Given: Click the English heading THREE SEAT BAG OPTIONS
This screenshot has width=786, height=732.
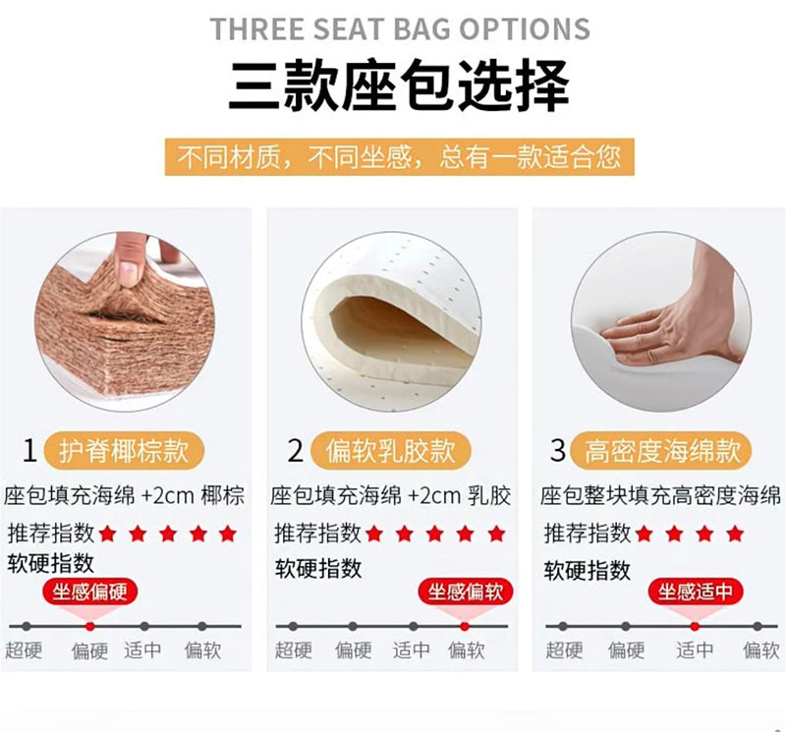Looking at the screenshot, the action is click(x=400, y=28).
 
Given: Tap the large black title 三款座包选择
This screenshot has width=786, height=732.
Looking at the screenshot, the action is click(x=399, y=85).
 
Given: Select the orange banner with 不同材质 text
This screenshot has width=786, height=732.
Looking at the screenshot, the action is click(x=400, y=157).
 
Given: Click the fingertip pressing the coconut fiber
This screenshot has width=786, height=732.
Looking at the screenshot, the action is click(x=129, y=260).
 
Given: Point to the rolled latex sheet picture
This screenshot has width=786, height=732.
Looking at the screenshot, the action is click(x=391, y=321).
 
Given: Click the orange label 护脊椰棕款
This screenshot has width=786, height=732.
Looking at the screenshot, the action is click(x=124, y=450).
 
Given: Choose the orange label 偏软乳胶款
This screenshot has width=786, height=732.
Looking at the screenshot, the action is click(x=390, y=450).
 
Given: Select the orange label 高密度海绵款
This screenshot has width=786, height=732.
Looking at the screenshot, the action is click(x=661, y=450).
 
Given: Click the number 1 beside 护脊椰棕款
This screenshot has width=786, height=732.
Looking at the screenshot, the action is click(x=29, y=450).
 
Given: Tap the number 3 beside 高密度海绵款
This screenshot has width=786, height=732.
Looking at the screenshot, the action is click(x=558, y=449).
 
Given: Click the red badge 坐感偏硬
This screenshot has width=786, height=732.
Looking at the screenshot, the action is click(x=89, y=592).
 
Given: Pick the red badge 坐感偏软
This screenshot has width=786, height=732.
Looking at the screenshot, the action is click(x=465, y=592).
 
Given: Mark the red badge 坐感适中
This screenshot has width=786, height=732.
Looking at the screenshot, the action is click(x=696, y=592).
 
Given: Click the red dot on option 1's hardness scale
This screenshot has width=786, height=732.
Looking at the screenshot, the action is click(x=89, y=626).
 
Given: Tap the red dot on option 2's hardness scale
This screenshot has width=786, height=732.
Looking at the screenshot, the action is click(x=465, y=626).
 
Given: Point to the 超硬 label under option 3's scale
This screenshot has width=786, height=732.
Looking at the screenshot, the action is click(x=564, y=650).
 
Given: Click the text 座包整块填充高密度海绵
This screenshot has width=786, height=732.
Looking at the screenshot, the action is click(x=660, y=496).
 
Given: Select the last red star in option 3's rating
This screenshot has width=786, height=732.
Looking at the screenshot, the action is click(x=735, y=534).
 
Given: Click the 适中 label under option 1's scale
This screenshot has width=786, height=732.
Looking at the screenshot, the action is click(x=142, y=650).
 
